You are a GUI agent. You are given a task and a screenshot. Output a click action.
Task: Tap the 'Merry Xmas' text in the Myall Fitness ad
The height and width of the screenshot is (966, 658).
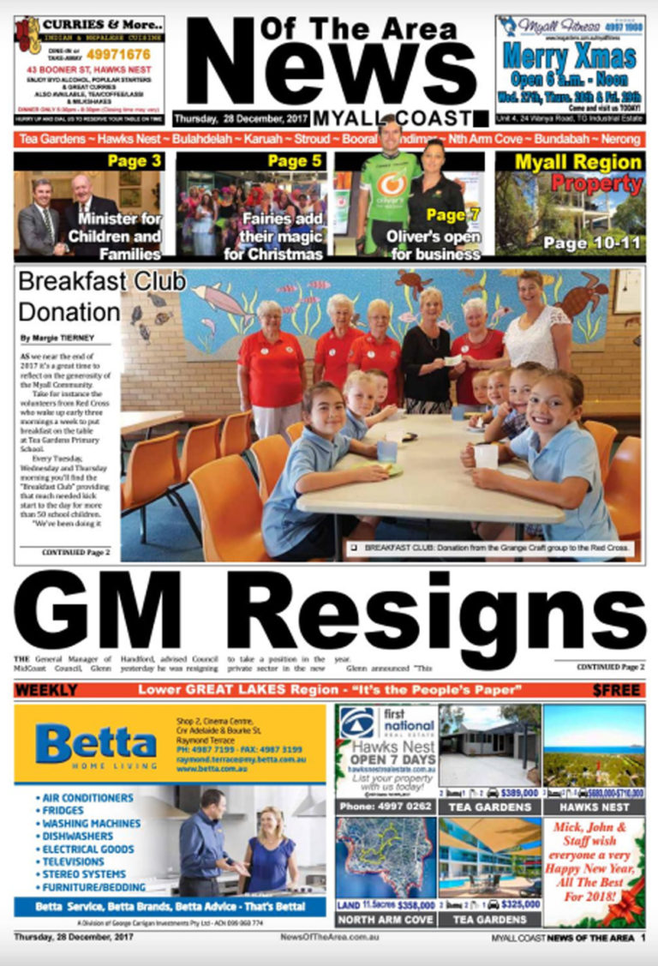(569, 59)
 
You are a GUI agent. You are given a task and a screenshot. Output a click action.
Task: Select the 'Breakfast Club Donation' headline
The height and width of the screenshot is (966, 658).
(69, 295)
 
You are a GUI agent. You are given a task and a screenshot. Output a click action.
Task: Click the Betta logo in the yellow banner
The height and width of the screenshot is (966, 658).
(96, 743)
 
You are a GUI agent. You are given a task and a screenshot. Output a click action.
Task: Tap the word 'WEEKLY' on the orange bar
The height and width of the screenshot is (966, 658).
(46, 690)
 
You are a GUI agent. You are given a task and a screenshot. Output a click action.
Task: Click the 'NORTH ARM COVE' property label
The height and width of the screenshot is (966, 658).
(386, 919)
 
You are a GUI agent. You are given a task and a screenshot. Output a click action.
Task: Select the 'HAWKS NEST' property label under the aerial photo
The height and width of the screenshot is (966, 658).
(594, 807)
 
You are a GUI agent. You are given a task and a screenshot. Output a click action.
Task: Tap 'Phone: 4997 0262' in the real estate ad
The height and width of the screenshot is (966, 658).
(385, 806)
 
